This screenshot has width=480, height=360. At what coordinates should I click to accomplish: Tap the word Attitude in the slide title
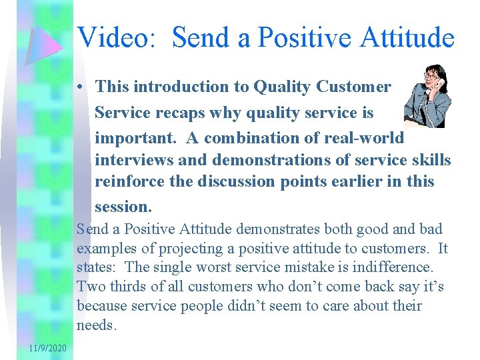pyautogui.click(x=407, y=37)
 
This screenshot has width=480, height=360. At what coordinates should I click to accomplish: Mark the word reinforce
pyautogui.click(x=130, y=181)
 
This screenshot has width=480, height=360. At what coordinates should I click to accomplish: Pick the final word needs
pyautogui.click(x=97, y=326)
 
